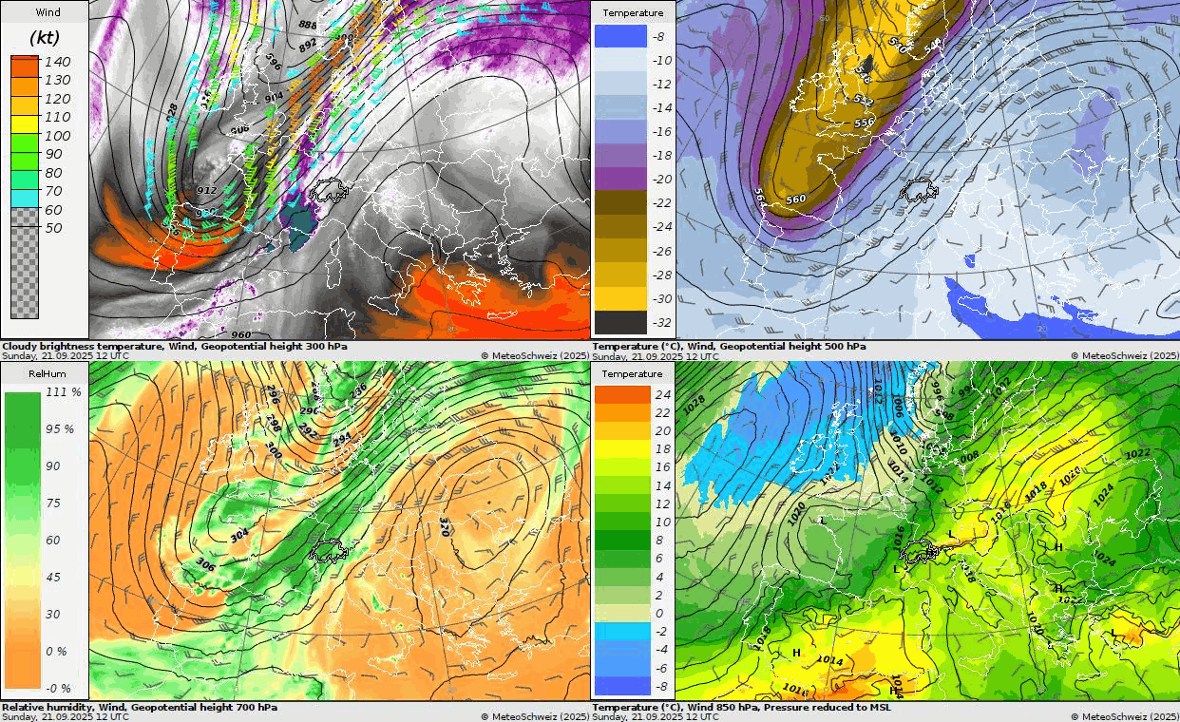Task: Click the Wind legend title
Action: pyautogui.click(x=45, y=12)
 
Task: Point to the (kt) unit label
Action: pyautogui.click(x=45, y=38)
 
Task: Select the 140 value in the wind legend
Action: pyautogui.click(x=58, y=62)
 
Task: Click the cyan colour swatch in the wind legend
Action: pyautogui.click(x=25, y=199)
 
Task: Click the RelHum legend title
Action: pyautogui.click(x=45, y=373)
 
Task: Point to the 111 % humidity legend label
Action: pyautogui.click(x=63, y=391)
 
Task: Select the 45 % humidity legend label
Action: pyautogui.click(x=60, y=577)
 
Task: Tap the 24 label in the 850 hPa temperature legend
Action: pyautogui.click(x=663, y=394)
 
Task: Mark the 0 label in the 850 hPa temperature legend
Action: pyautogui.click(x=659, y=613)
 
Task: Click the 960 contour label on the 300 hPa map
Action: pyautogui.click(x=241, y=334)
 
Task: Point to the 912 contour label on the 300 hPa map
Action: pyautogui.click(x=206, y=191)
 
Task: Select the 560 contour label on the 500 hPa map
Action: pyautogui.click(x=796, y=199)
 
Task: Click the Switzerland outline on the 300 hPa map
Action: pyautogui.click(x=329, y=189)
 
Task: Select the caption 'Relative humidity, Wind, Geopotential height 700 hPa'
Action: pyautogui.click(x=140, y=707)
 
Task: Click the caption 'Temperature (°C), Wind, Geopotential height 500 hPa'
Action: pyautogui.click(x=729, y=347)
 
